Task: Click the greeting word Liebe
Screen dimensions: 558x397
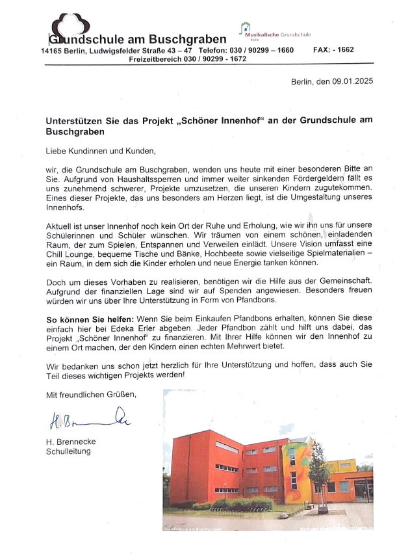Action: (56, 152)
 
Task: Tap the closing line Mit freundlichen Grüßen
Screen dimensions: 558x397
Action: (90, 394)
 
